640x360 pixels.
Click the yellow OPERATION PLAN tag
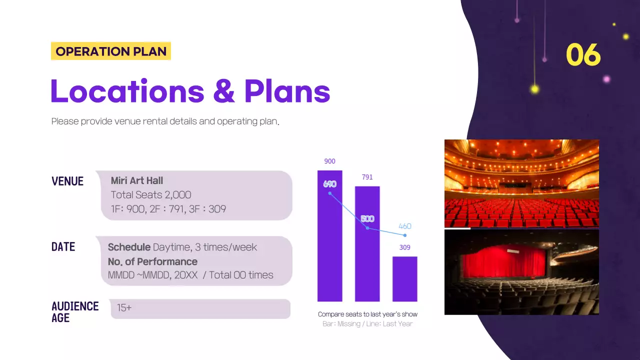pyautogui.click(x=110, y=51)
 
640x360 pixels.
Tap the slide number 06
pyautogui.click(x=583, y=55)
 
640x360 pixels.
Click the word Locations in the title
pyautogui.click(x=127, y=91)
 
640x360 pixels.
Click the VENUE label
pyautogui.click(x=67, y=181)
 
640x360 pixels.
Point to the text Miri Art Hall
pyautogui.click(x=136, y=180)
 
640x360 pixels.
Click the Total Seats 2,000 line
pyautogui.click(x=150, y=194)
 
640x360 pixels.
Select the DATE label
pyautogui.click(x=63, y=246)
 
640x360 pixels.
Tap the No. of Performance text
pyautogui.click(x=152, y=261)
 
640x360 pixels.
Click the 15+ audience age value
pyautogui.click(x=124, y=308)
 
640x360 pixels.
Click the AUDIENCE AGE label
pyautogui.click(x=74, y=311)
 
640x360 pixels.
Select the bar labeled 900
pyautogui.click(x=329, y=250)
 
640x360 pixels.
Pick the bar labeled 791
pyautogui.click(x=367, y=260)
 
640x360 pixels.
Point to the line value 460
pyautogui.click(x=404, y=226)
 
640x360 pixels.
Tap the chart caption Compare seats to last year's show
pyautogui.click(x=367, y=314)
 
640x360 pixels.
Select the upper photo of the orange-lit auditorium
pyautogui.click(x=521, y=183)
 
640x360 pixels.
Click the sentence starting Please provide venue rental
pyautogui.click(x=165, y=121)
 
